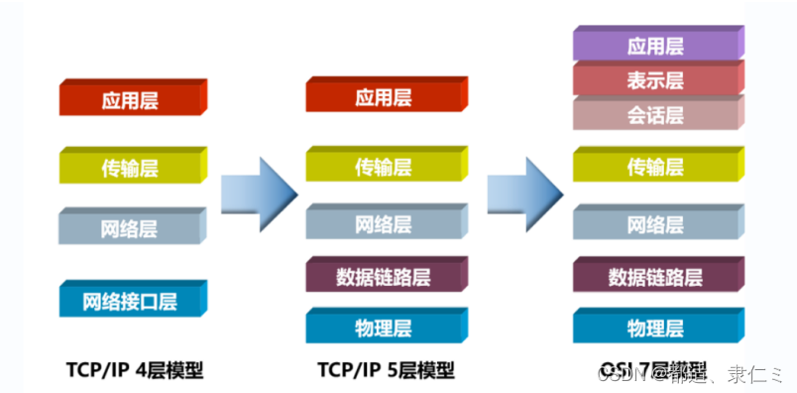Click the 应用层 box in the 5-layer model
(383, 97)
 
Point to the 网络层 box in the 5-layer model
(383, 223)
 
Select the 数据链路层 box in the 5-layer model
(383, 275)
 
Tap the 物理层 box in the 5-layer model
(383, 327)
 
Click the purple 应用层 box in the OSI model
(655, 46)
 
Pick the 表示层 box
(655, 79)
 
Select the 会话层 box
(655, 115)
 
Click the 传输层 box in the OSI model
(655, 167)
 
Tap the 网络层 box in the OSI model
(655, 225)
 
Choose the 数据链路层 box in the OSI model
(655, 276)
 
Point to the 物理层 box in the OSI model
(655, 327)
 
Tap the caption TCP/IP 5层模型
(386, 370)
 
